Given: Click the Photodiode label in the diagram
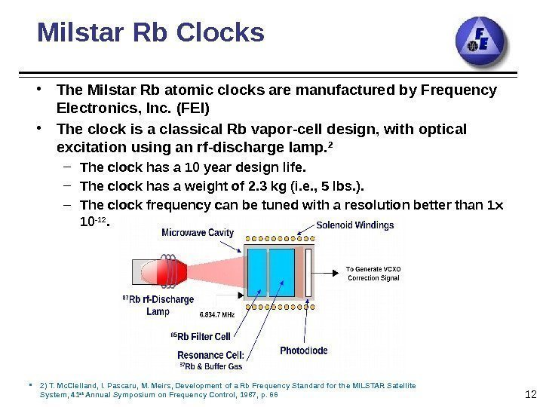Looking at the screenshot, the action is (304, 350).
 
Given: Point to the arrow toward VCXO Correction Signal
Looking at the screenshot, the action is (330, 274).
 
